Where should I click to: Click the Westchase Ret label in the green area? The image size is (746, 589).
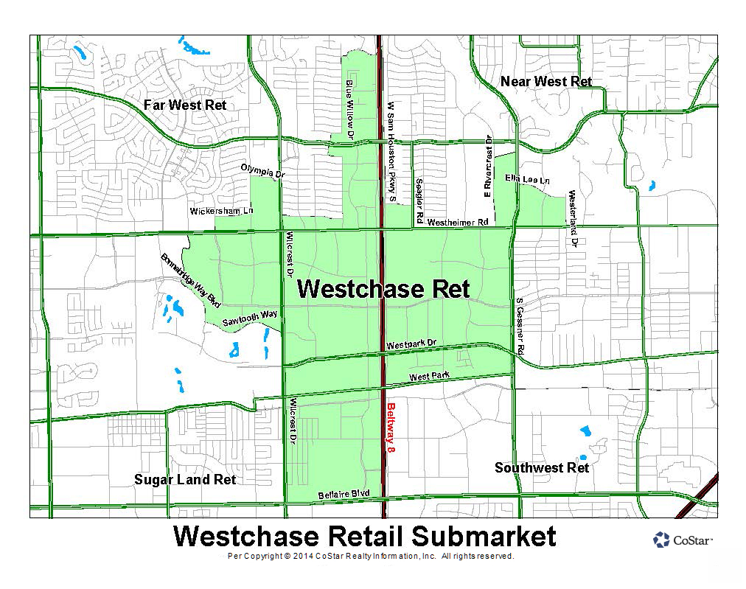[383, 288]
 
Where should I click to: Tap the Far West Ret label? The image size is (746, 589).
[185, 105]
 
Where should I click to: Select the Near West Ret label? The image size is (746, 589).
[545, 81]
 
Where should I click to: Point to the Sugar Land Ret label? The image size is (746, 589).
[185, 479]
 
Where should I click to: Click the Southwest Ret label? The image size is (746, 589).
[542, 467]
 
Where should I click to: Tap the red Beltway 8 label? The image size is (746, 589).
[391, 427]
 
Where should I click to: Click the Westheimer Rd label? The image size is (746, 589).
[458, 221]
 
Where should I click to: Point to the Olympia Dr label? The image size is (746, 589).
[262, 171]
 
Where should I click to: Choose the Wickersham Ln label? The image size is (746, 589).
[221, 211]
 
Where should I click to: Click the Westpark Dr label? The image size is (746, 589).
[411, 344]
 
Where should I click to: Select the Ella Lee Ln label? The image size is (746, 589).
[527, 179]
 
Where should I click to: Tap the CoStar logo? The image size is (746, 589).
[683, 540]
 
